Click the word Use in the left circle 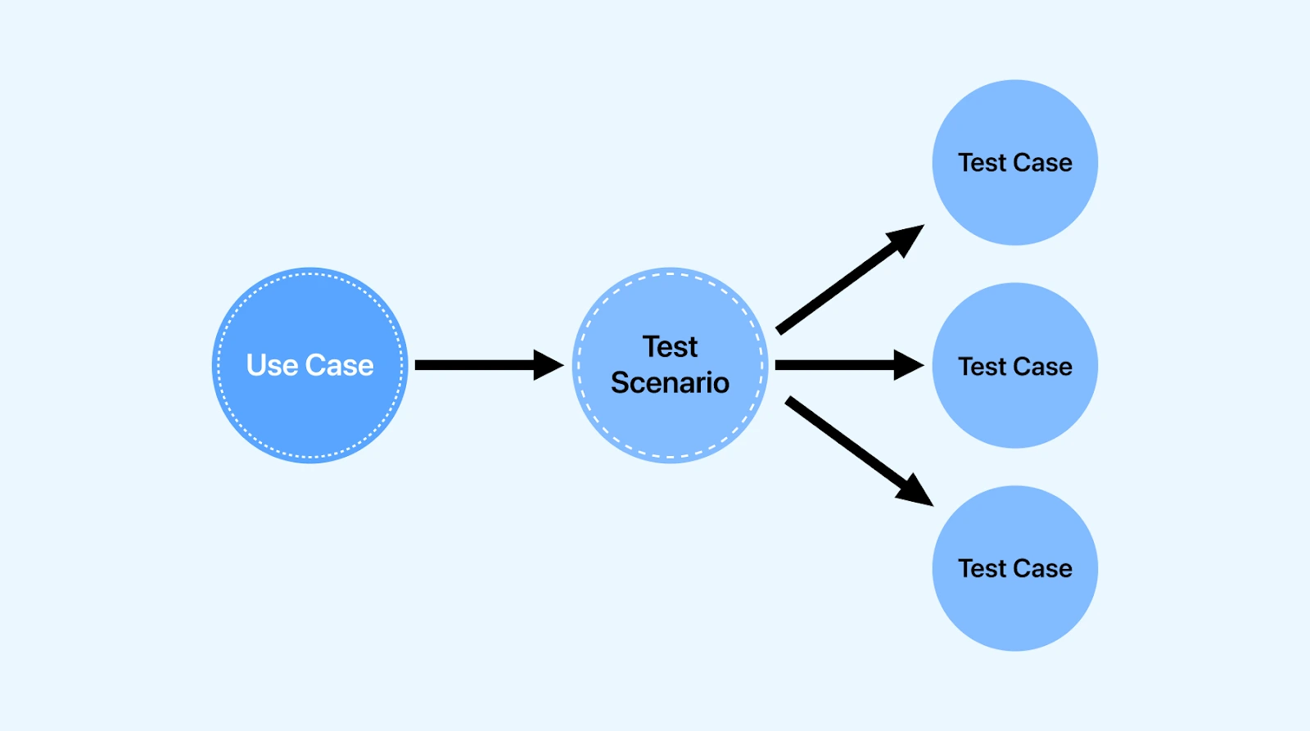271,365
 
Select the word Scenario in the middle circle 670,383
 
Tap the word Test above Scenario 670,347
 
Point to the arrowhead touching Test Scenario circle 549,365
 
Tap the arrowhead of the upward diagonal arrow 907,237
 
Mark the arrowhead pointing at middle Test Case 909,365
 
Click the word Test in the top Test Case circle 982,163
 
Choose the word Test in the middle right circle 982,367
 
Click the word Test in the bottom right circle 982,569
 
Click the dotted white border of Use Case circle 310,274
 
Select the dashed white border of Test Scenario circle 670,274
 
